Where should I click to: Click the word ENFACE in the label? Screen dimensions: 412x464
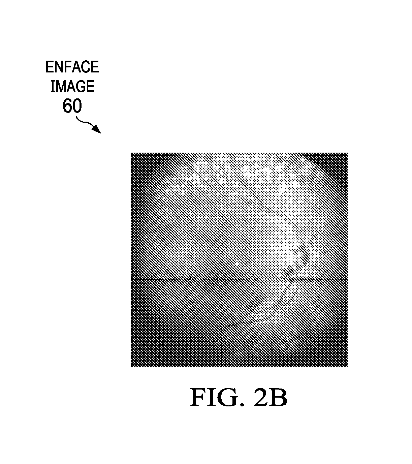pyautogui.click(x=72, y=67)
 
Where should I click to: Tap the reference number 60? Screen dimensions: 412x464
pyautogui.click(x=72, y=106)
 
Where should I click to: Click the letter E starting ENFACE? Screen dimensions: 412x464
pyautogui.click(x=49, y=67)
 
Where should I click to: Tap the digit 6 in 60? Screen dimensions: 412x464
pyautogui.click(x=67, y=106)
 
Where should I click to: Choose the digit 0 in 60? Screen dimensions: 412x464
pyautogui.click(x=77, y=106)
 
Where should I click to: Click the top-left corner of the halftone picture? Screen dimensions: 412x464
pyautogui.click(x=131, y=153)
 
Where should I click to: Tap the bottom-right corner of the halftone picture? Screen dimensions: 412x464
pyautogui.click(x=348, y=367)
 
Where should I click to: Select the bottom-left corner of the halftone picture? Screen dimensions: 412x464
pyautogui.click(x=131, y=367)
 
